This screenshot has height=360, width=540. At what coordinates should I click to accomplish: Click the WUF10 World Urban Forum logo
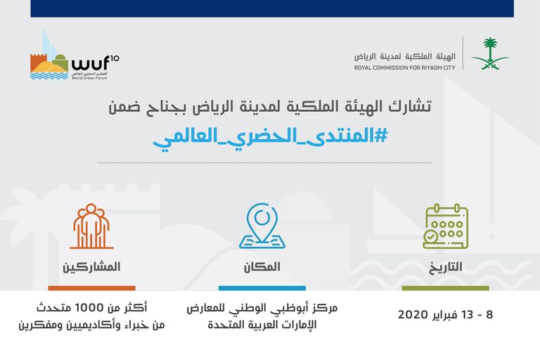pos(75,58)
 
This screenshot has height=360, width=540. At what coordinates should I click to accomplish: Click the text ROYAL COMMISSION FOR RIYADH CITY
pos(405,67)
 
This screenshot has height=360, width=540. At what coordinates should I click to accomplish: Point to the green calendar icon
pos(446,226)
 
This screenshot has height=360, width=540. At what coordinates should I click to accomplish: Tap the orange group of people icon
pos(92,226)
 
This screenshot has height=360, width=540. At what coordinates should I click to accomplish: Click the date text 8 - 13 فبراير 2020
pos(445,314)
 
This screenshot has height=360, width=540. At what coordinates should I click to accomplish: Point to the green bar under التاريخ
pos(445,288)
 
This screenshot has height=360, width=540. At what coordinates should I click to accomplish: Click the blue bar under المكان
pos(262,288)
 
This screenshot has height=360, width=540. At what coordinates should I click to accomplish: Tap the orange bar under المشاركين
pos(91,288)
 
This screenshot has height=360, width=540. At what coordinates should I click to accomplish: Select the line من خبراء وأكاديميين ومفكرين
pos(94,325)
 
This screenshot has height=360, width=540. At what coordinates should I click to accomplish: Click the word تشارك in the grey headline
pos(412,106)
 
